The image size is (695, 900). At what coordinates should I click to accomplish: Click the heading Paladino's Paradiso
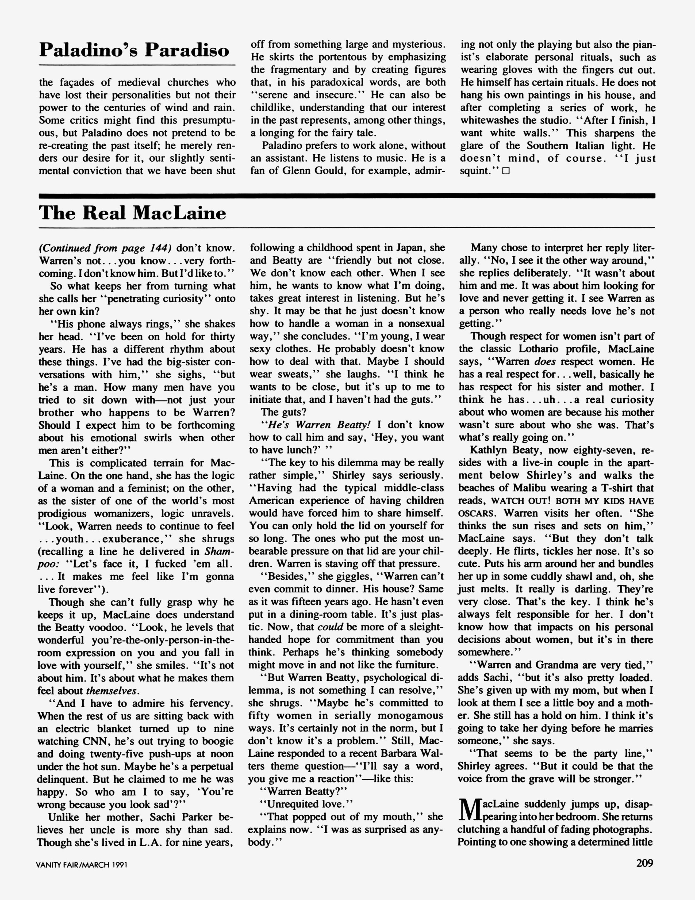click(x=134, y=50)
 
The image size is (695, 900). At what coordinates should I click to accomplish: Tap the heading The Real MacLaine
click(x=132, y=213)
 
